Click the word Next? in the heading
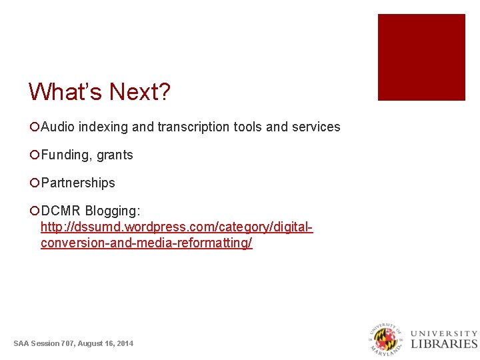click(140, 92)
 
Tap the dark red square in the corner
click(421, 57)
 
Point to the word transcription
click(194, 127)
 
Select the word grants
click(115, 155)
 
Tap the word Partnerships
click(78, 183)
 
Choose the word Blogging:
click(113, 211)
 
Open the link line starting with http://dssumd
click(177, 227)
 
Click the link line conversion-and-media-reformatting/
click(146, 243)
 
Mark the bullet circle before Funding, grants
click(34, 155)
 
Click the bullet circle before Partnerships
click(34, 183)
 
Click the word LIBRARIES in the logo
click(444, 344)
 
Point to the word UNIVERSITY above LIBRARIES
click(444, 333)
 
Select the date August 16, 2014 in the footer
click(105, 343)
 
